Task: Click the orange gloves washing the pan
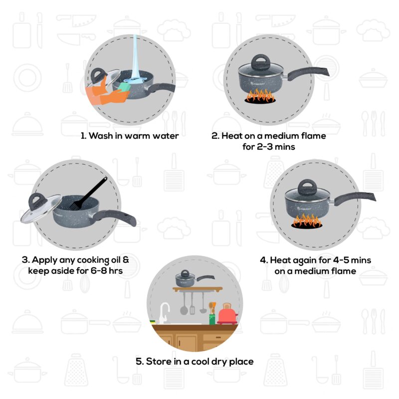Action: (x=102, y=95)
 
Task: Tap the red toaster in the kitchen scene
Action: (x=227, y=315)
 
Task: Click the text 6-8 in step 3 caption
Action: (x=97, y=271)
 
